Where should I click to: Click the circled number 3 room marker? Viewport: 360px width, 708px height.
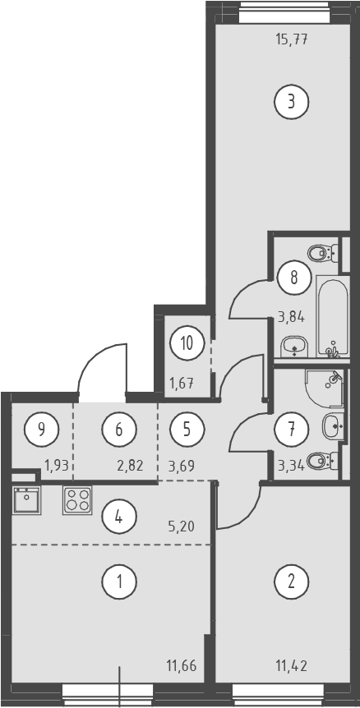[x=291, y=102]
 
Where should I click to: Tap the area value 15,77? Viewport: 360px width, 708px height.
[x=291, y=39]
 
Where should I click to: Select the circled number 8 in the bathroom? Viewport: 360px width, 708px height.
[x=294, y=278]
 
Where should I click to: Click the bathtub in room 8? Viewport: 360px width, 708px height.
[x=333, y=316]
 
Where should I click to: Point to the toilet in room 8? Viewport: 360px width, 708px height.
[x=323, y=253]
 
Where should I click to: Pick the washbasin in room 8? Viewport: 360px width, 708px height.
[x=294, y=347]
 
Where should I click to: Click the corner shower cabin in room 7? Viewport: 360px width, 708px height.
[x=325, y=388]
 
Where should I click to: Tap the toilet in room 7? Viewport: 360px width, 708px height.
[x=322, y=461]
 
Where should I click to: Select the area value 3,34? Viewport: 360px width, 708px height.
[x=290, y=465]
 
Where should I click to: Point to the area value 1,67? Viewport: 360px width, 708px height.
[x=182, y=384]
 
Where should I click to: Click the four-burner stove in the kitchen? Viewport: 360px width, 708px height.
[x=76, y=500]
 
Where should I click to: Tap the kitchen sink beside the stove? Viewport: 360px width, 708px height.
[x=27, y=499]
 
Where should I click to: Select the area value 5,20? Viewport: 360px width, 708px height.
[x=181, y=526]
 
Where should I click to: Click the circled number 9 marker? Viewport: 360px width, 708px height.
[x=42, y=429]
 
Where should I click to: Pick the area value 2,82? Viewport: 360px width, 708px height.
[x=130, y=465]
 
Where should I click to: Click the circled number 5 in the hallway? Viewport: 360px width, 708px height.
[x=187, y=429]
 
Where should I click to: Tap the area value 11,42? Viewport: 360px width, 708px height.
[x=291, y=665]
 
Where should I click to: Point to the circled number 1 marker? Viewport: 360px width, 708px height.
[x=119, y=582]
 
